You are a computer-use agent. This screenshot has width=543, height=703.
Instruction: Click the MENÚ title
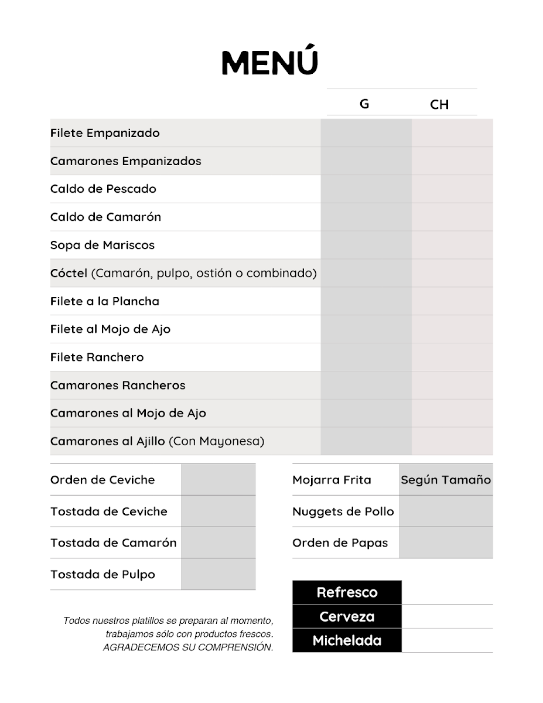tap(270, 63)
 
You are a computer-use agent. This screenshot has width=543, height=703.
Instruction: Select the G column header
tap(364, 104)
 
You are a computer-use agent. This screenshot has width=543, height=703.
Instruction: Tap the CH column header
tap(439, 104)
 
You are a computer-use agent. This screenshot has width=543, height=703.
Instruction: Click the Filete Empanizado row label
tap(105, 133)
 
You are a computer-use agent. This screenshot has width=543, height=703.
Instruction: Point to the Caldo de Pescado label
tap(103, 189)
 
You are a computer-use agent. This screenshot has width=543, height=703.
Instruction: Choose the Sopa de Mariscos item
tap(103, 245)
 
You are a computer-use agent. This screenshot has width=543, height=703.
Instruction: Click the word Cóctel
tap(69, 273)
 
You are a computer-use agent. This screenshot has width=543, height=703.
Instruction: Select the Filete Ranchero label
tap(97, 357)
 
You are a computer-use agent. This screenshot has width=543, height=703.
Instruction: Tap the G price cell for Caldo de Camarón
tap(366, 217)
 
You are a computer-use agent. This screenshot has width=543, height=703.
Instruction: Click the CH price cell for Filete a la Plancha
tap(452, 301)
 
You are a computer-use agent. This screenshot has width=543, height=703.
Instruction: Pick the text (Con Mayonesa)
tap(216, 441)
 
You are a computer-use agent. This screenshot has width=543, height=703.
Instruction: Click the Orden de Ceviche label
tap(103, 480)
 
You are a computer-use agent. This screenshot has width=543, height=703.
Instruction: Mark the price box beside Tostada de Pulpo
tap(218, 574)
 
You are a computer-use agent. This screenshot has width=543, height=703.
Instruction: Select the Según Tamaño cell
tap(446, 480)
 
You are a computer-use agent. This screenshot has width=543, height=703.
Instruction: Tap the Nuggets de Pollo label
tap(343, 511)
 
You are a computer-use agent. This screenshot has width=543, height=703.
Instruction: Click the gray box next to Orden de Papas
tap(446, 542)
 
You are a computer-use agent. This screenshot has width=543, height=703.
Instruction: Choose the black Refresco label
tap(347, 592)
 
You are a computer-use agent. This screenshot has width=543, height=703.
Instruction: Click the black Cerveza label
tap(347, 616)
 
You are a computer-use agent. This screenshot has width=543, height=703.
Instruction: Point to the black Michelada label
tap(347, 640)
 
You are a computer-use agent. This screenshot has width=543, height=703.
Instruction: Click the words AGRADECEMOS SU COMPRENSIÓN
tap(188, 647)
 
